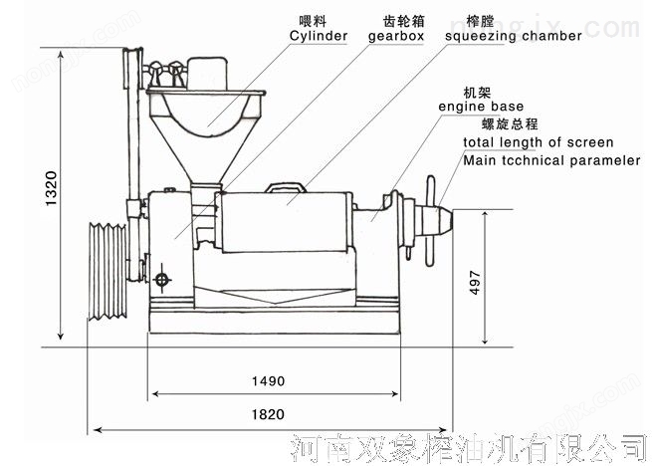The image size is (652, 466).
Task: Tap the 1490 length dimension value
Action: click(x=268, y=381)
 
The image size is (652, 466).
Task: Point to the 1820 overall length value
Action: click(x=266, y=415)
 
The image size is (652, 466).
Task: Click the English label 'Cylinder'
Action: click(x=318, y=36)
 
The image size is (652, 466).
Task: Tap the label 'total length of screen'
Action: click(x=538, y=142)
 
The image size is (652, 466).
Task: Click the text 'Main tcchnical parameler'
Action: click(x=550, y=160)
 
